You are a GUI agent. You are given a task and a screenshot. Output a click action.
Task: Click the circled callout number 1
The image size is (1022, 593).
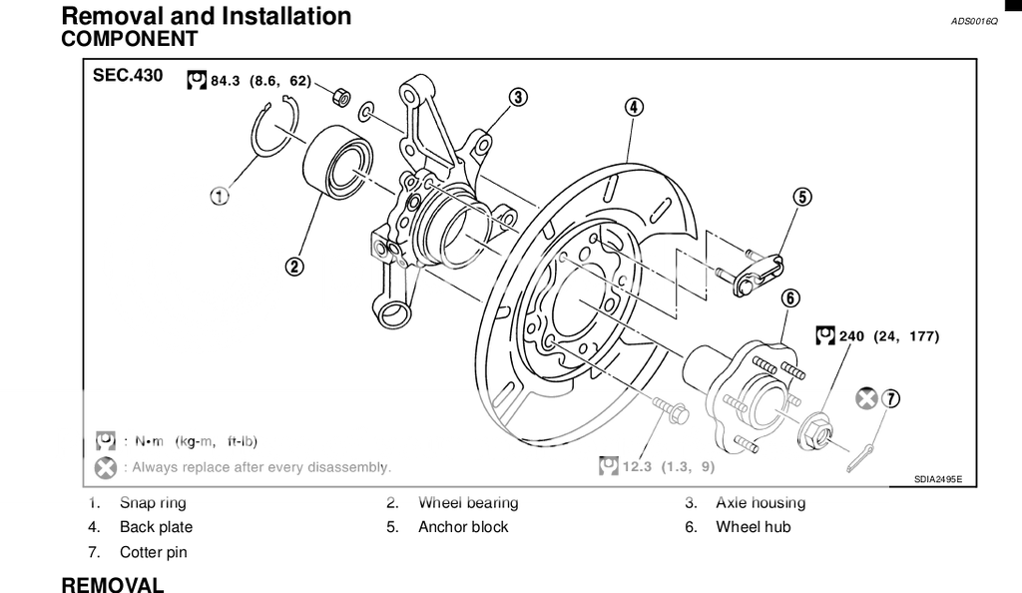[x=220, y=197]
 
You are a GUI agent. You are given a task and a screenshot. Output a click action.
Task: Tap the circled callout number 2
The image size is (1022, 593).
[x=293, y=266]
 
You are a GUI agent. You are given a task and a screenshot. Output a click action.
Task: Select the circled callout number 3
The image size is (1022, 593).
[x=517, y=97]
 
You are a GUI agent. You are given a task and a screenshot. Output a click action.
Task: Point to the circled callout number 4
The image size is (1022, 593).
[x=634, y=107]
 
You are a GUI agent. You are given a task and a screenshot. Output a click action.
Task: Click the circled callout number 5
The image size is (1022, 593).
[x=802, y=197]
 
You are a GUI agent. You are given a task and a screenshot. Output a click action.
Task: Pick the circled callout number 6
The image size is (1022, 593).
[x=788, y=297]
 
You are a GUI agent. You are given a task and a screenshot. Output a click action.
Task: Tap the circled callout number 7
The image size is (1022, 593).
[x=890, y=399]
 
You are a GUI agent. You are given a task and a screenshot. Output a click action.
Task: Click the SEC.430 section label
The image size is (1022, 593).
[x=127, y=76]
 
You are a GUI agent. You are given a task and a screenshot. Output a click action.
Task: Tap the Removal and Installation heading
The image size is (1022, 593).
[x=207, y=16]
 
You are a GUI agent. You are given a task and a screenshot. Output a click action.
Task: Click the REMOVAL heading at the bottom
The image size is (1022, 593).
[x=113, y=584]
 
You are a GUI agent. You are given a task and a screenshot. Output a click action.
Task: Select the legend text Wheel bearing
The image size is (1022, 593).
[x=468, y=503]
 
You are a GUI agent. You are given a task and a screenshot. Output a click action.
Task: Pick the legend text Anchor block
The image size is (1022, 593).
[x=463, y=527]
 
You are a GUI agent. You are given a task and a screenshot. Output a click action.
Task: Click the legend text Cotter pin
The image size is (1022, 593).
[x=154, y=552]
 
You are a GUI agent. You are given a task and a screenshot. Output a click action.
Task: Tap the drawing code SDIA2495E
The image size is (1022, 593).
[x=937, y=480]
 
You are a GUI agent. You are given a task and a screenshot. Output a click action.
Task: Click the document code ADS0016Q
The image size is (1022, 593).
[x=974, y=20]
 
